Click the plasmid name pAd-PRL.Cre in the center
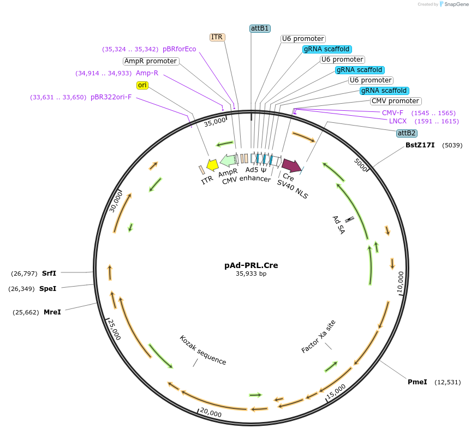tap(251, 265)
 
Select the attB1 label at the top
tap(260, 28)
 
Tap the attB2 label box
tap(407, 133)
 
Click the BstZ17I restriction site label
tap(420, 145)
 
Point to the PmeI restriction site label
tap(418, 382)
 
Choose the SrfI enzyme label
tap(49, 273)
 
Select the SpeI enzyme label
tap(48, 288)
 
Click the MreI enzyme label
tap(52, 312)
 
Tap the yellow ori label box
tap(142, 85)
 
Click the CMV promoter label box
tap(396, 101)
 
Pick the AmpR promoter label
tap(150, 61)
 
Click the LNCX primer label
tap(398, 121)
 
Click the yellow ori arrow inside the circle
tap(212, 165)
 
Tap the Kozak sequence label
tap(203, 350)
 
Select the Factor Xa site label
tap(319, 336)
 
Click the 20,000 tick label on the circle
tap(211, 413)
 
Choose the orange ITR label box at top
tap(217, 37)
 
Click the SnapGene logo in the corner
tap(453, 4)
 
